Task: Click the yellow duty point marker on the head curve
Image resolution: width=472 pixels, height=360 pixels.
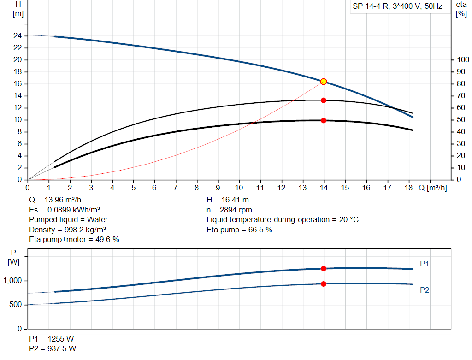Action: [x=324, y=82]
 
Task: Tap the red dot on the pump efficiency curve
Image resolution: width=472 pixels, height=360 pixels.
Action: [x=324, y=100]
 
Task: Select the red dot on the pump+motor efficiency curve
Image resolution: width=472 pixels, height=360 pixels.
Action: [x=324, y=120]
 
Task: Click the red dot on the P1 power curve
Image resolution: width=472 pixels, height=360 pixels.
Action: [x=324, y=268]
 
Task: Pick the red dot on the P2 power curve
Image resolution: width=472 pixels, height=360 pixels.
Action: [x=324, y=284]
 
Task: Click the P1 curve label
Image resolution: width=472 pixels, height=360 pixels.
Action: [x=425, y=264]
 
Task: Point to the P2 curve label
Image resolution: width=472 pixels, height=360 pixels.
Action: [x=425, y=290]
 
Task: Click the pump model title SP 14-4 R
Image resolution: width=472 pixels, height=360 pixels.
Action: [x=397, y=7]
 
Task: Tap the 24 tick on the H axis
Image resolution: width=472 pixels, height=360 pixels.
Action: [x=18, y=35]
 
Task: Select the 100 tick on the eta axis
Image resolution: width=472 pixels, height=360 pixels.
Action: [x=461, y=59]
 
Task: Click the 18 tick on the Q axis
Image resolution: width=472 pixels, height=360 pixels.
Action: [x=409, y=188]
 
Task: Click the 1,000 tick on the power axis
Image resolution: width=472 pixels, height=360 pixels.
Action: [x=13, y=281]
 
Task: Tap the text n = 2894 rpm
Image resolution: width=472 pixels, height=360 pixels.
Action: [x=229, y=210]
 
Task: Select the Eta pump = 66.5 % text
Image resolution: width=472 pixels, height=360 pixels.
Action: [x=239, y=230]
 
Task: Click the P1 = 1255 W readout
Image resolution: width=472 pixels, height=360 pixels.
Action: [x=52, y=339]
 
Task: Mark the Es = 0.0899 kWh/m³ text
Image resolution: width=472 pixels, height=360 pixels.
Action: [x=65, y=210]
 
